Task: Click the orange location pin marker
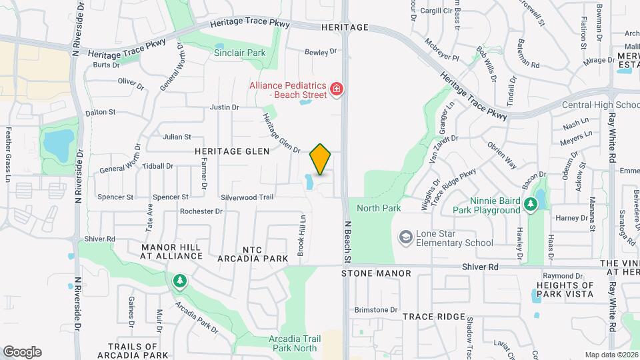pyautogui.click(x=321, y=159)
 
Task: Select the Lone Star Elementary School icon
pyautogui.click(x=405, y=237)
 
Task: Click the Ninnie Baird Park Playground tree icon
pyautogui.click(x=531, y=204)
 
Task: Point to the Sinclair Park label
pyautogui.click(x=239, y=53)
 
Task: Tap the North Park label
pyautogui.click(x=379, y=208)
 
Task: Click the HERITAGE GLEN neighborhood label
pyautogui.click(x=232, y=151)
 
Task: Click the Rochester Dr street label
pyautogui.click(x=201, y=211)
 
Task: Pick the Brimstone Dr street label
pyautogui.click(x=375, y=310)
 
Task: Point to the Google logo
pyautogui.click(x=22, y=352)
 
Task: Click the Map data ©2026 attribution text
pyautogui.click(x=611, y=355)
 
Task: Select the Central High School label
pyautogui.click(x=601, y=105)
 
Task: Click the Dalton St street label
pyautogui.click(x=101, y=113)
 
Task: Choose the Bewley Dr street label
pyautogui.click(x=317, y=52)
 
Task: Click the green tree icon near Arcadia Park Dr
pyautogui.click(x=179, y=281)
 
